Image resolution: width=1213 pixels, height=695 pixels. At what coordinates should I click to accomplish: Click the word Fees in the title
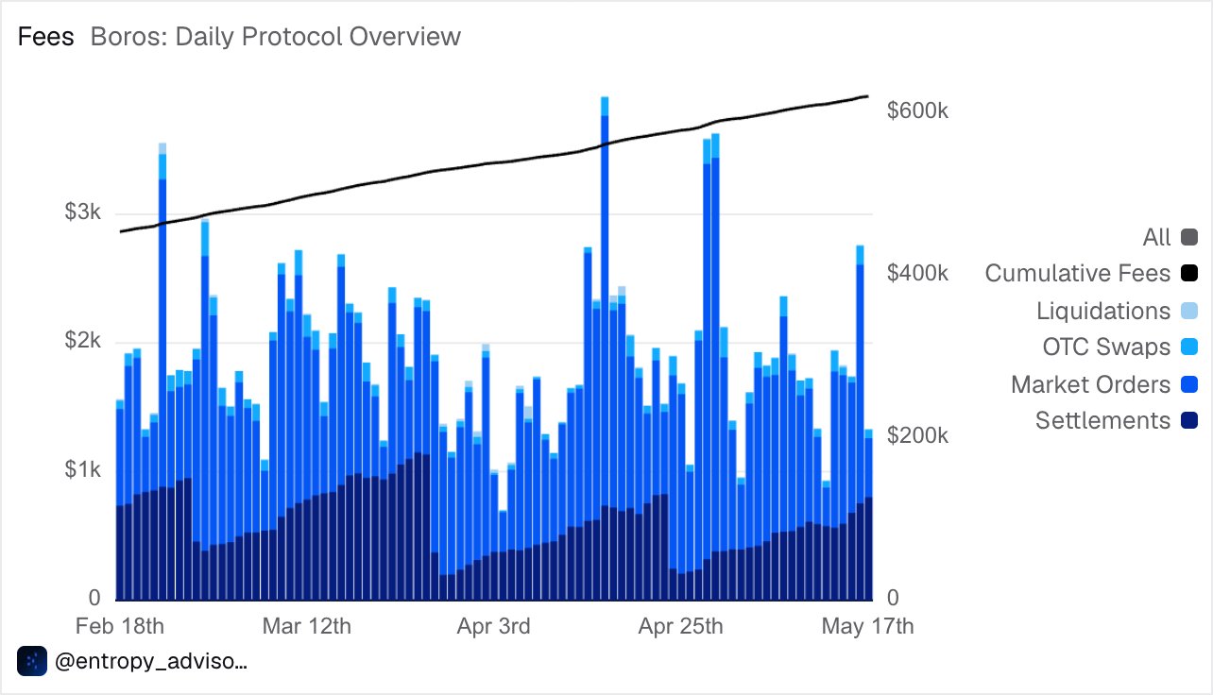coord(45,37)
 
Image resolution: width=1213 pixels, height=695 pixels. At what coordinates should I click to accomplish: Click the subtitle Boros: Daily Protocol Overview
coord(275,37)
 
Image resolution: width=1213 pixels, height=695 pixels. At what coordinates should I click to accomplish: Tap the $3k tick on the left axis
coord(82,212)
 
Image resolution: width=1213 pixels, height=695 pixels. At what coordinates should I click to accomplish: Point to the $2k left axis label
coord(82,340)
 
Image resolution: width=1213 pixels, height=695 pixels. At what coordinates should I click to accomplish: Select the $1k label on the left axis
coord(82,468)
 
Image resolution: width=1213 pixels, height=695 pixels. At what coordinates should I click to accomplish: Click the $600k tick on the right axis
coord(917,110)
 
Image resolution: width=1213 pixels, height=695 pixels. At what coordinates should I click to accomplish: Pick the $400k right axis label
coord(917,273)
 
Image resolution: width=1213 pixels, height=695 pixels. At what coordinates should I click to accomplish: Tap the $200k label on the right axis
coord(917,435)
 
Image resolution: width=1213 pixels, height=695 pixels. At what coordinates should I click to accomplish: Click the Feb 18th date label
coord(120,626)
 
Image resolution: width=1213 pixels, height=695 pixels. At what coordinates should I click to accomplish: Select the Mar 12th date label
coord(306,626)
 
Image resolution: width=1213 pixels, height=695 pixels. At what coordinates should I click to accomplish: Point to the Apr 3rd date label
coord(493,626)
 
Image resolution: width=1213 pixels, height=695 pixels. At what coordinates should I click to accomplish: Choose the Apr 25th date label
coord(680,626)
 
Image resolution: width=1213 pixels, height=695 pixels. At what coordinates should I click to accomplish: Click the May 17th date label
coord(867,626)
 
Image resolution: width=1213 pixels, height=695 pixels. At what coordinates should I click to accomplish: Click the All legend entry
coord(1170,237)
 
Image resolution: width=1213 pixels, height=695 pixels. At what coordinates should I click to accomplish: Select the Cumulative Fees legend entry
coord(1091,273)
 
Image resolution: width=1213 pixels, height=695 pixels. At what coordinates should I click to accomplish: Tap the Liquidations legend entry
coord(1117,311)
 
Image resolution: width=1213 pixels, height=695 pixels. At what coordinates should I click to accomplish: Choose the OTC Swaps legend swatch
coord(1189,347)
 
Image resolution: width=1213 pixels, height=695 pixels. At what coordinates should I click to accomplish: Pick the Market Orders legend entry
coord(1104,384)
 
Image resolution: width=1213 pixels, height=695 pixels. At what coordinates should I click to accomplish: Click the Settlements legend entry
coord(1117,420)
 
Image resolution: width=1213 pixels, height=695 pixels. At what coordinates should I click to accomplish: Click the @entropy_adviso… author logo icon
coord(32,661)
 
